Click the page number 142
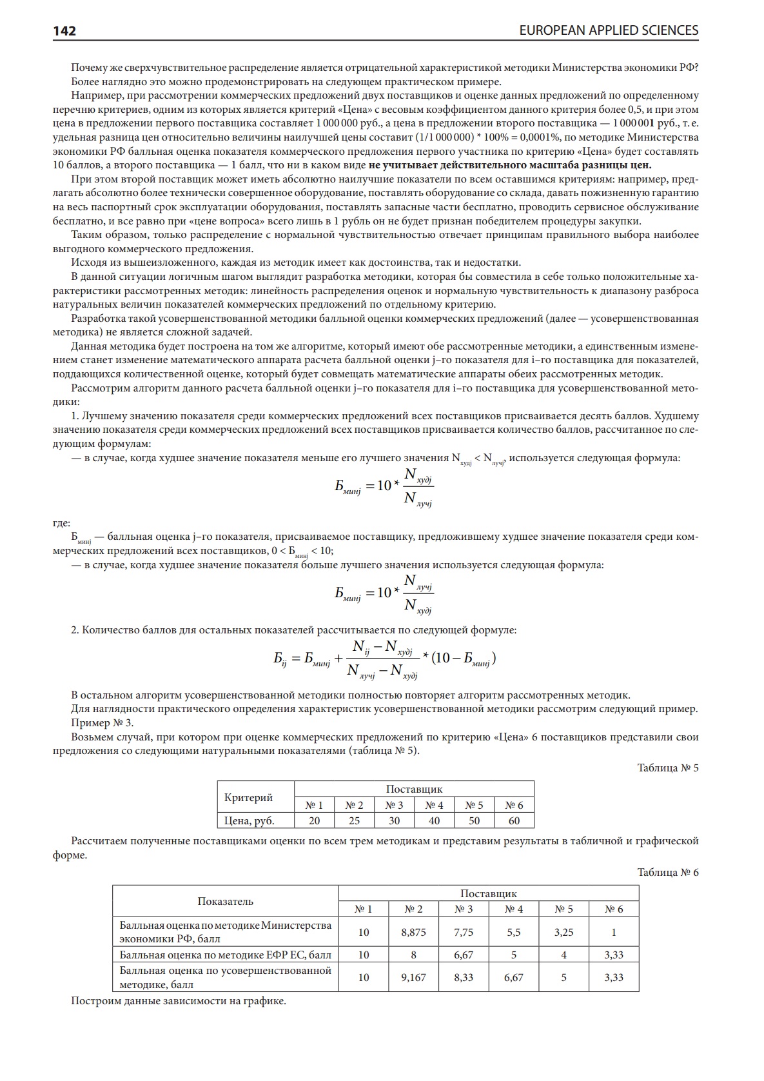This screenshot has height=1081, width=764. pos(64,31)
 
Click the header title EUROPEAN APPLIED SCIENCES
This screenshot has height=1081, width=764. pos(608,30)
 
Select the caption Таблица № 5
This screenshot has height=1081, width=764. pos(667,768)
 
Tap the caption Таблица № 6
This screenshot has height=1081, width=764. pos(667,872)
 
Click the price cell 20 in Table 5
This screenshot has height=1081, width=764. pos(314,820)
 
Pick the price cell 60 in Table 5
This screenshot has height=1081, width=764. pos(514,820)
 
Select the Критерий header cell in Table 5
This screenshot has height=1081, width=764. pos(248,797)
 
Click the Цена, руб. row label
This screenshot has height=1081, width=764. pos(249,820)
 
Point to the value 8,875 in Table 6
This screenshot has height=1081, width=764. pos(413,932)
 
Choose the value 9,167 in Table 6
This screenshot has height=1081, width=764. pos(413,977)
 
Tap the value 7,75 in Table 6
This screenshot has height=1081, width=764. pos(464,932)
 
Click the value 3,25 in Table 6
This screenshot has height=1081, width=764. pos(563,932)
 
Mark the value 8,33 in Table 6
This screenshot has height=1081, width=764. pos(464,977)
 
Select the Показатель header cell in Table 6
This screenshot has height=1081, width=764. pos(225,901)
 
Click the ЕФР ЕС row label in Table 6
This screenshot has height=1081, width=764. pos(225,955)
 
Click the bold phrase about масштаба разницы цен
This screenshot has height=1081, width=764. pos(510,165)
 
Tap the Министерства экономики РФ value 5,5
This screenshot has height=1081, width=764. pos(514,932)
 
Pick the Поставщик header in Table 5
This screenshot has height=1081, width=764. pos(414,789)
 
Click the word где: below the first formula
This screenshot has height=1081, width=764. pos(61,522)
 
